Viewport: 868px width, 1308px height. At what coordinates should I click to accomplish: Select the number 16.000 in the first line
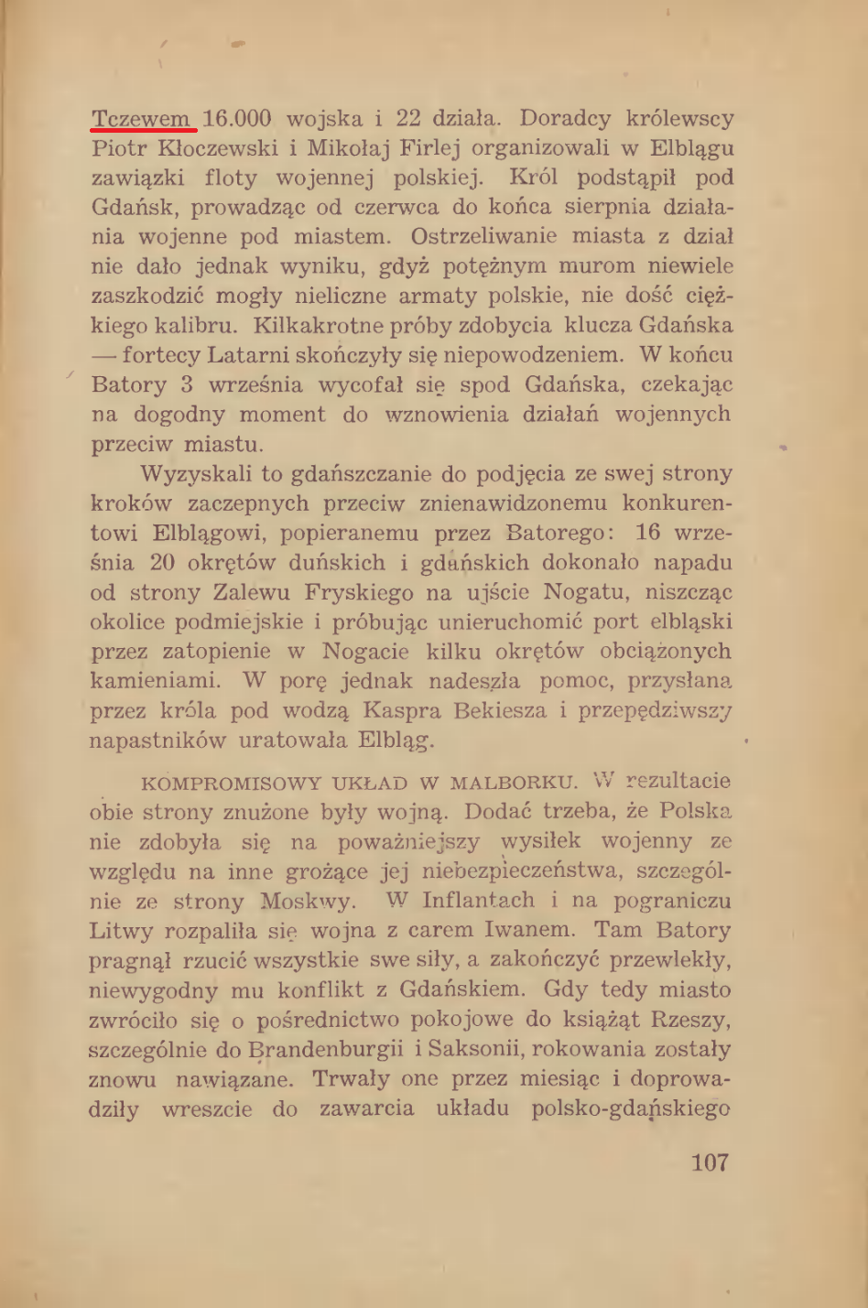[x=237, y=119]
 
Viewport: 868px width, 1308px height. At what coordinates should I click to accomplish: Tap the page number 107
[x=710, y=1162]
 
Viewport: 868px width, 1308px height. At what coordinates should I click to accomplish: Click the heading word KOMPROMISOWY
[x=232, y=784]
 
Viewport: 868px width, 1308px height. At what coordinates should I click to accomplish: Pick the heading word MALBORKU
[x=514, y=784]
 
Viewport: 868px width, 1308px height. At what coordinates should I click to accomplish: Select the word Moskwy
[x=308, y=901]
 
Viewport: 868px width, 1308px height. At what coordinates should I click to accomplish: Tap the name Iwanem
[x=530, y=931]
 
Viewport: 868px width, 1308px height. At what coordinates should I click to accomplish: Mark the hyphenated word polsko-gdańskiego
[x=631, y=1109]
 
